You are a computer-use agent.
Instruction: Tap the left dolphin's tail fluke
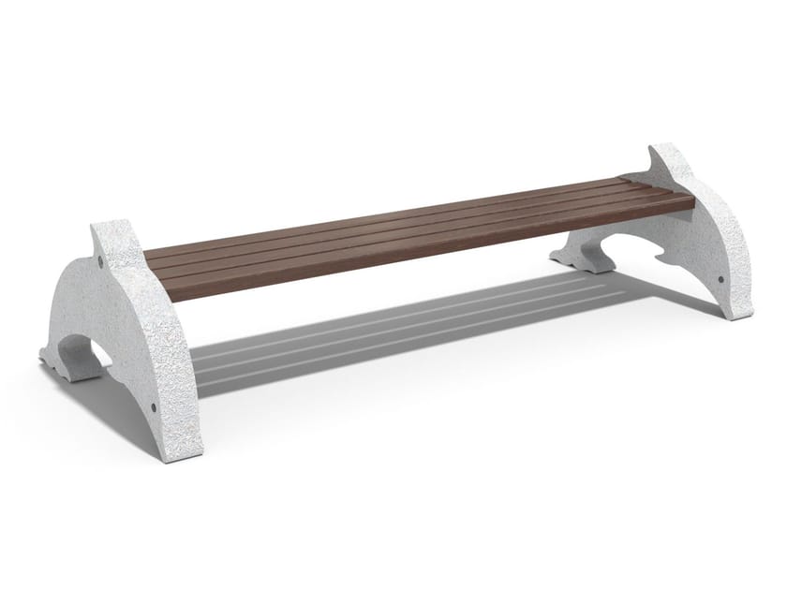click(x=62, y=361)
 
